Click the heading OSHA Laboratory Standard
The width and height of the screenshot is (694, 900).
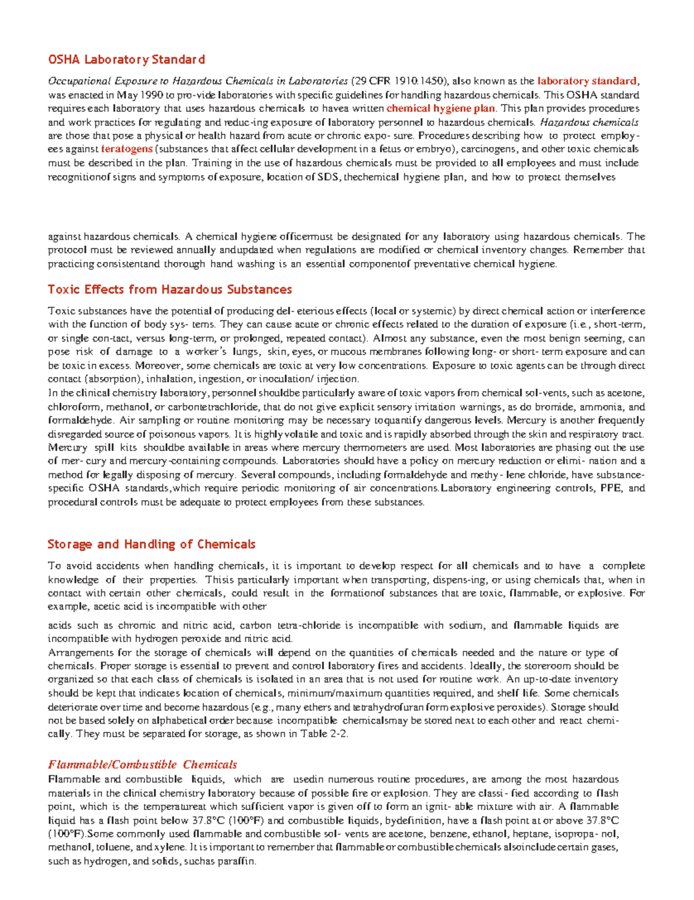[126, 59]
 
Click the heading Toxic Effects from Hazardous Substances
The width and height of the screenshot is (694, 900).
[169, 289]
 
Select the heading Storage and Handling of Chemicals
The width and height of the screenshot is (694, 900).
[151, 544]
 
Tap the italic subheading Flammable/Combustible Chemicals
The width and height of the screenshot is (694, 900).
[142, 764]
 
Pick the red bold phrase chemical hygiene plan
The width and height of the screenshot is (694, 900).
[441, 108]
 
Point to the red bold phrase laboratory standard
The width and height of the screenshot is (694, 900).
[586, 81]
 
